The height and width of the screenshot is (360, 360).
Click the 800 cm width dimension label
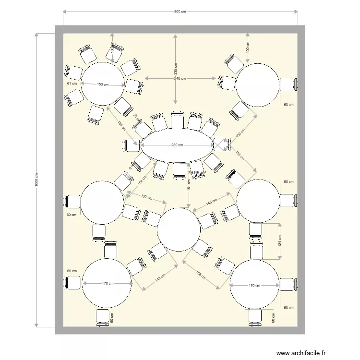point(180,12)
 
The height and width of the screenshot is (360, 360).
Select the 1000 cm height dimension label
point(36,180)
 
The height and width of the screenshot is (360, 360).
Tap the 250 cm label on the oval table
point(177,146)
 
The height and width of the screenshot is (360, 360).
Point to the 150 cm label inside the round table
point(102,84)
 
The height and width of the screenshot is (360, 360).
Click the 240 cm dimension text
point(180,78)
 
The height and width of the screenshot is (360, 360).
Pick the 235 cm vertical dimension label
point(175,72)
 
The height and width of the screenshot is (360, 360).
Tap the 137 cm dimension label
point(146,197)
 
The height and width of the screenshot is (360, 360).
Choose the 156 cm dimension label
point(201,276)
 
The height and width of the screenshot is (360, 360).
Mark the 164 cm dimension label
point(120,124)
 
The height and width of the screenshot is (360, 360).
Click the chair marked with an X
point(220,144)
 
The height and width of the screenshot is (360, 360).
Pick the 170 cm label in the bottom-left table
point(108,284)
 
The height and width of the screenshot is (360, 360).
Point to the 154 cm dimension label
point(141,179)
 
